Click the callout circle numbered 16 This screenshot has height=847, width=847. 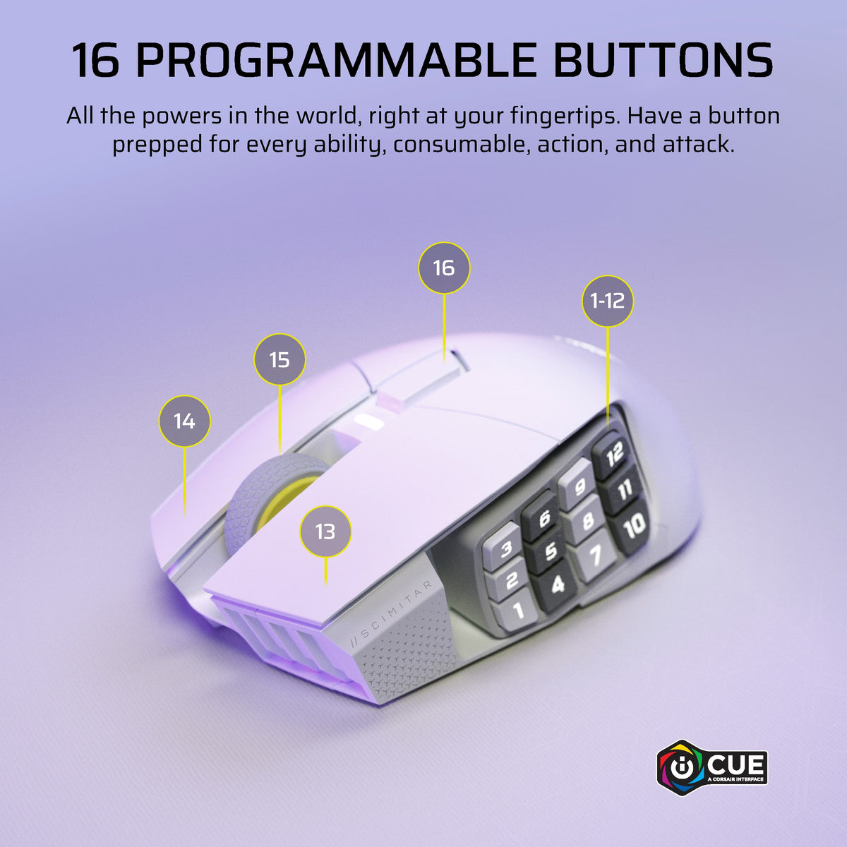coord(444,268)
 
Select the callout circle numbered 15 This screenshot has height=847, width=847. coord(280,359)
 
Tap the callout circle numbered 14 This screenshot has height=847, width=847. coord(185,421)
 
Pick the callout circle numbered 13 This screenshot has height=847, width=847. coord(325,531)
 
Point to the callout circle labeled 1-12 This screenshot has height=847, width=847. coord(608,301)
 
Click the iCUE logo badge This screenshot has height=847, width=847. coord(712,767)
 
